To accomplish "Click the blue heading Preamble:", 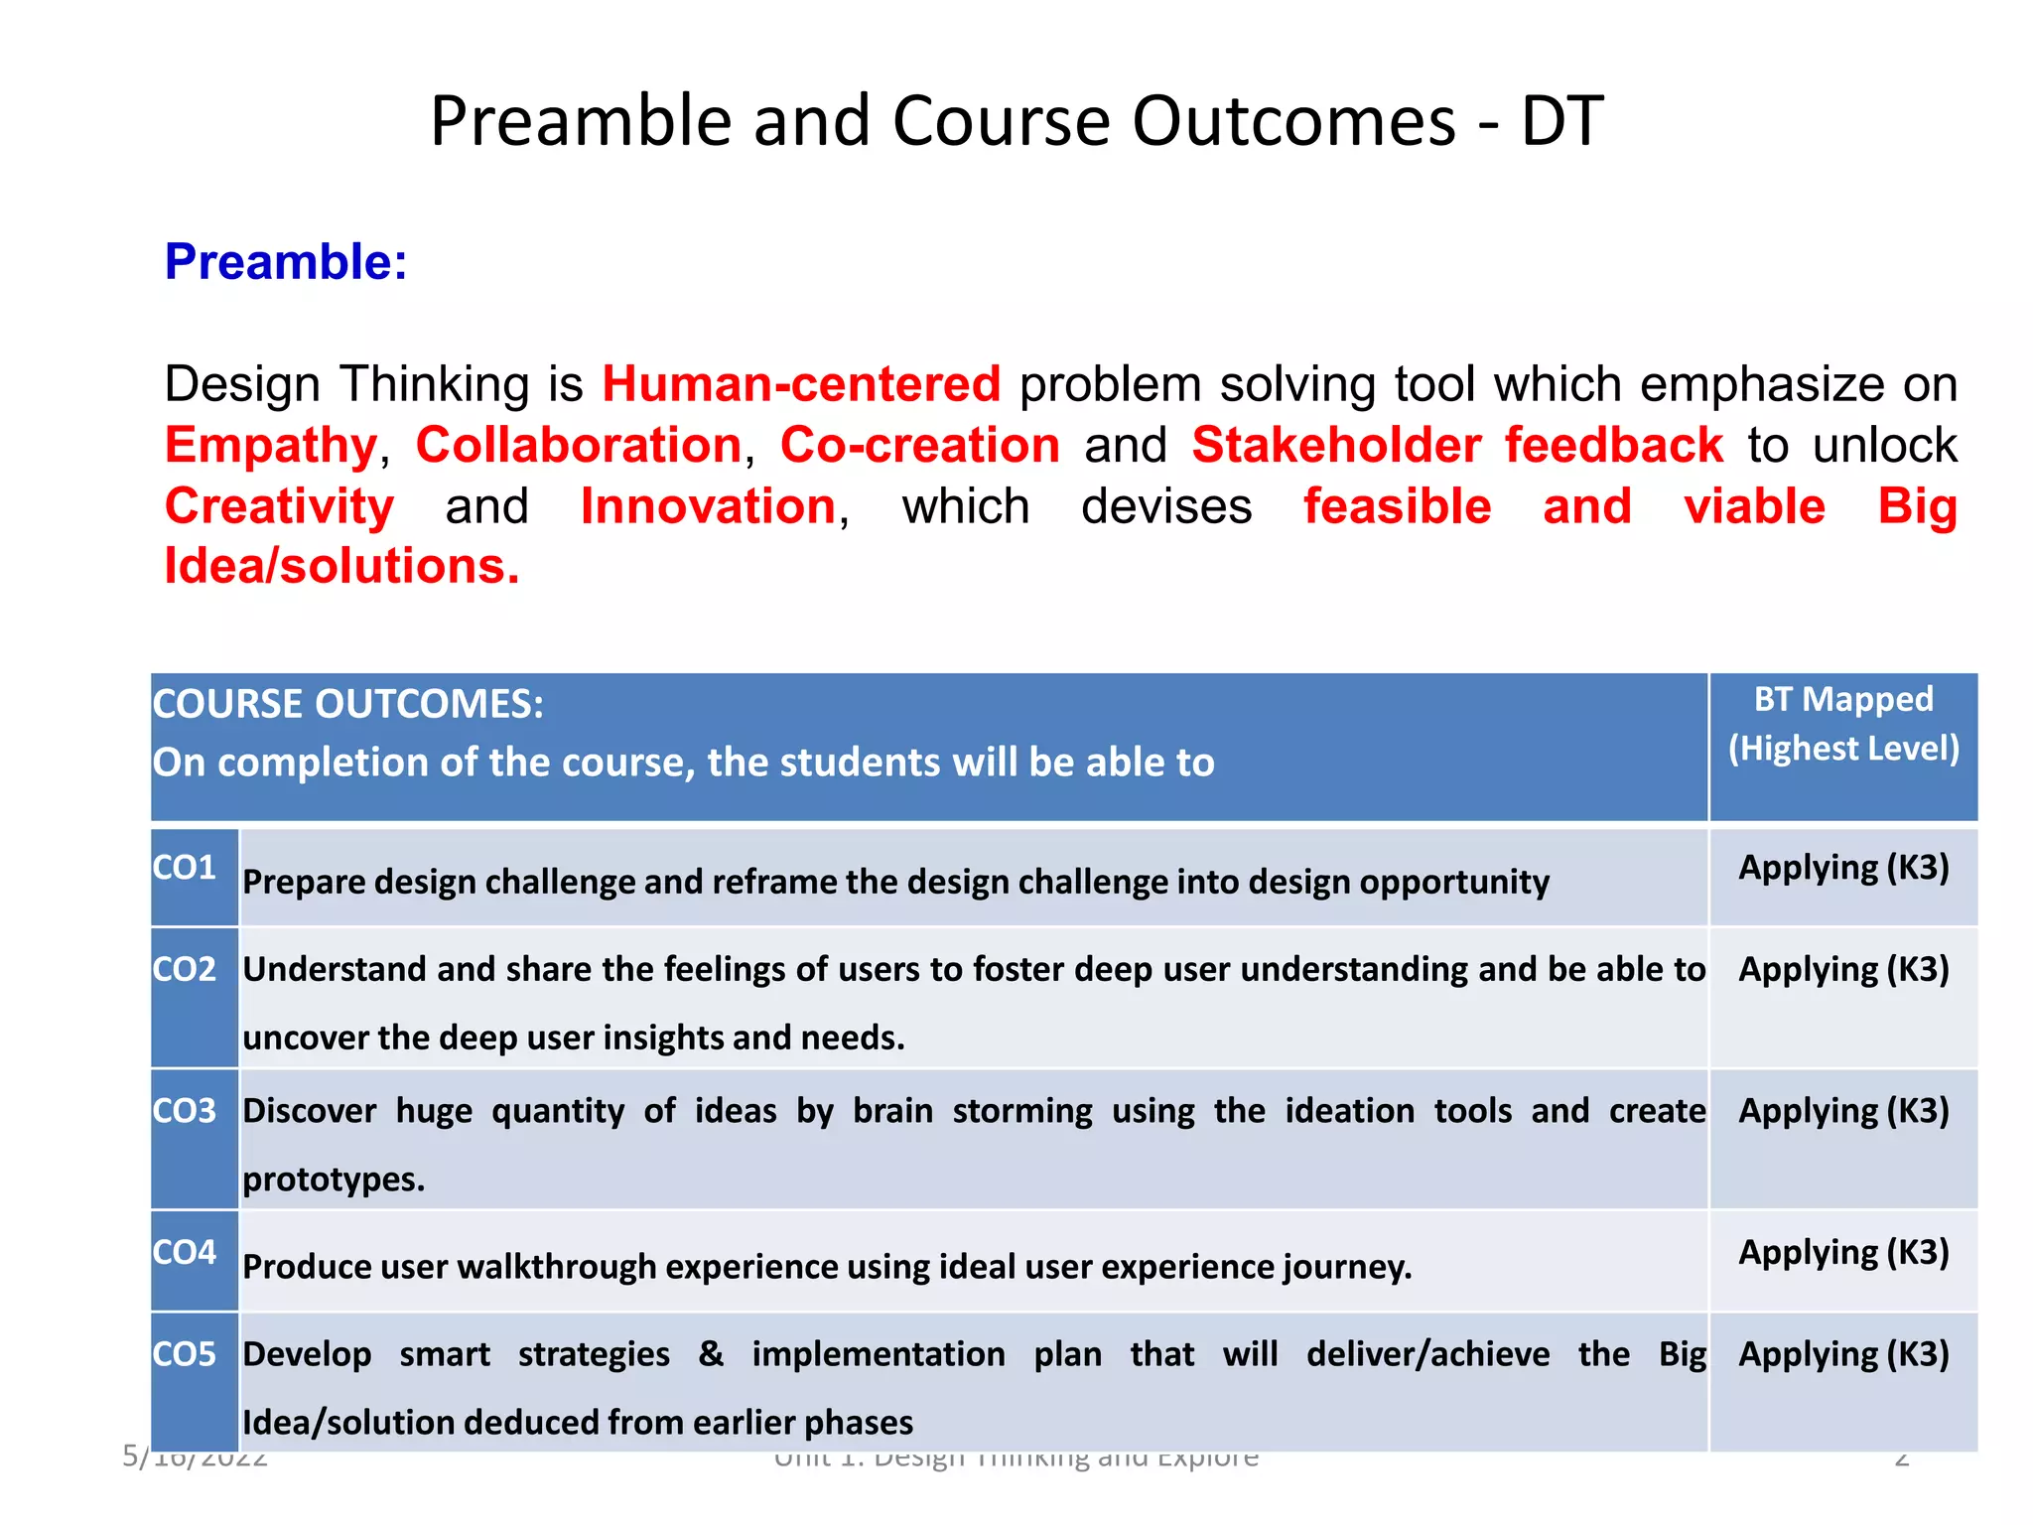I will [x=286, y=262].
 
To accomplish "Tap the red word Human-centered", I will [x=801, y=384].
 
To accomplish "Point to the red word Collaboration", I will [x=579, y=446].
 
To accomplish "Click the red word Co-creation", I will [x=919, y=446].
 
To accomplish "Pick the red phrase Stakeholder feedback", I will [x=1456, y=446].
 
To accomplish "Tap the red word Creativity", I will [x=279, y=507].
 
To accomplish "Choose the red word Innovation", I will [x=709, y=507].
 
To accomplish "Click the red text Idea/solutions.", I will [x=341, y=567].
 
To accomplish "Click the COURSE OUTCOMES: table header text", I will [x=347, y=704].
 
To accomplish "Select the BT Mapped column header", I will [x=1842, y=700].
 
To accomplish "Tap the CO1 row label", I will [x=185, y=868].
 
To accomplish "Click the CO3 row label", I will [x=185, y=1110].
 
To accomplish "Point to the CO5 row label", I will [x=185, y=1354].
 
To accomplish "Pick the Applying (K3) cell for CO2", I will [x=1842, y=969].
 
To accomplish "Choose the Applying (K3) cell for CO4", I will [x=1842, y=1253].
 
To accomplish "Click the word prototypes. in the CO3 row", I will [x=334, y=1179].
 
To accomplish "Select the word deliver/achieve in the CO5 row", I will [x=1427, y=1354].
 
